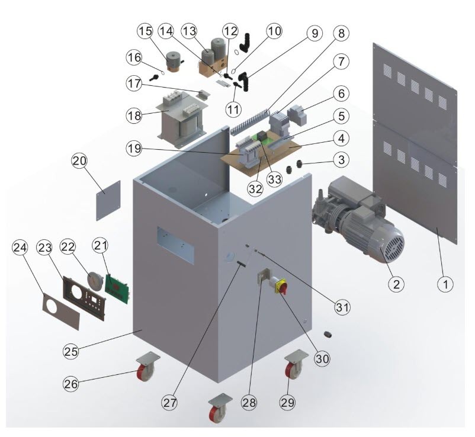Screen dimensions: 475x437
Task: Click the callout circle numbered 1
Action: click(x=445, y=284)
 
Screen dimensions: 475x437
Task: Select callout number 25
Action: click(x=71, y=352)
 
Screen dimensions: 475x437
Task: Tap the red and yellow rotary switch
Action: click(x=281, y=285)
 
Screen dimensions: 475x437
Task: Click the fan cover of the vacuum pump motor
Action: click(x=393, y=244)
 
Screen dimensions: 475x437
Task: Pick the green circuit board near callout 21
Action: click(x=117, y=288)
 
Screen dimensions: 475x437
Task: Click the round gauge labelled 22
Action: click(x=95, y=279)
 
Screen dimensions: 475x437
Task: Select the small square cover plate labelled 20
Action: click(x=108, y=201)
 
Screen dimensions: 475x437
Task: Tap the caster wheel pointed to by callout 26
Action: click(x=146, y=367)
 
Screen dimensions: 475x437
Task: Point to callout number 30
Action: click(x=322, y=359)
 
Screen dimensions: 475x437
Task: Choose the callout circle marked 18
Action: click(x=134, y=115)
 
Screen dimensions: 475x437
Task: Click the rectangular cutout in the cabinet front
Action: click(x=175, y=245)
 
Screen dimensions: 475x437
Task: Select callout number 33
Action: click(x=274, y=179)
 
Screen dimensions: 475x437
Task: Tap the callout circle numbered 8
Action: click(x=341, y=33)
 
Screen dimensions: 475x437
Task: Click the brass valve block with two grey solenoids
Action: click(x=213, y=59)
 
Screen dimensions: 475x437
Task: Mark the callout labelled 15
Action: click(x=146, y=31)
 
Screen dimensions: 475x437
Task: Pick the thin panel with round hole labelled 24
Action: click(x=61, y=311)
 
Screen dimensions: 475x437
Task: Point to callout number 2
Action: click(x=396, y=284)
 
